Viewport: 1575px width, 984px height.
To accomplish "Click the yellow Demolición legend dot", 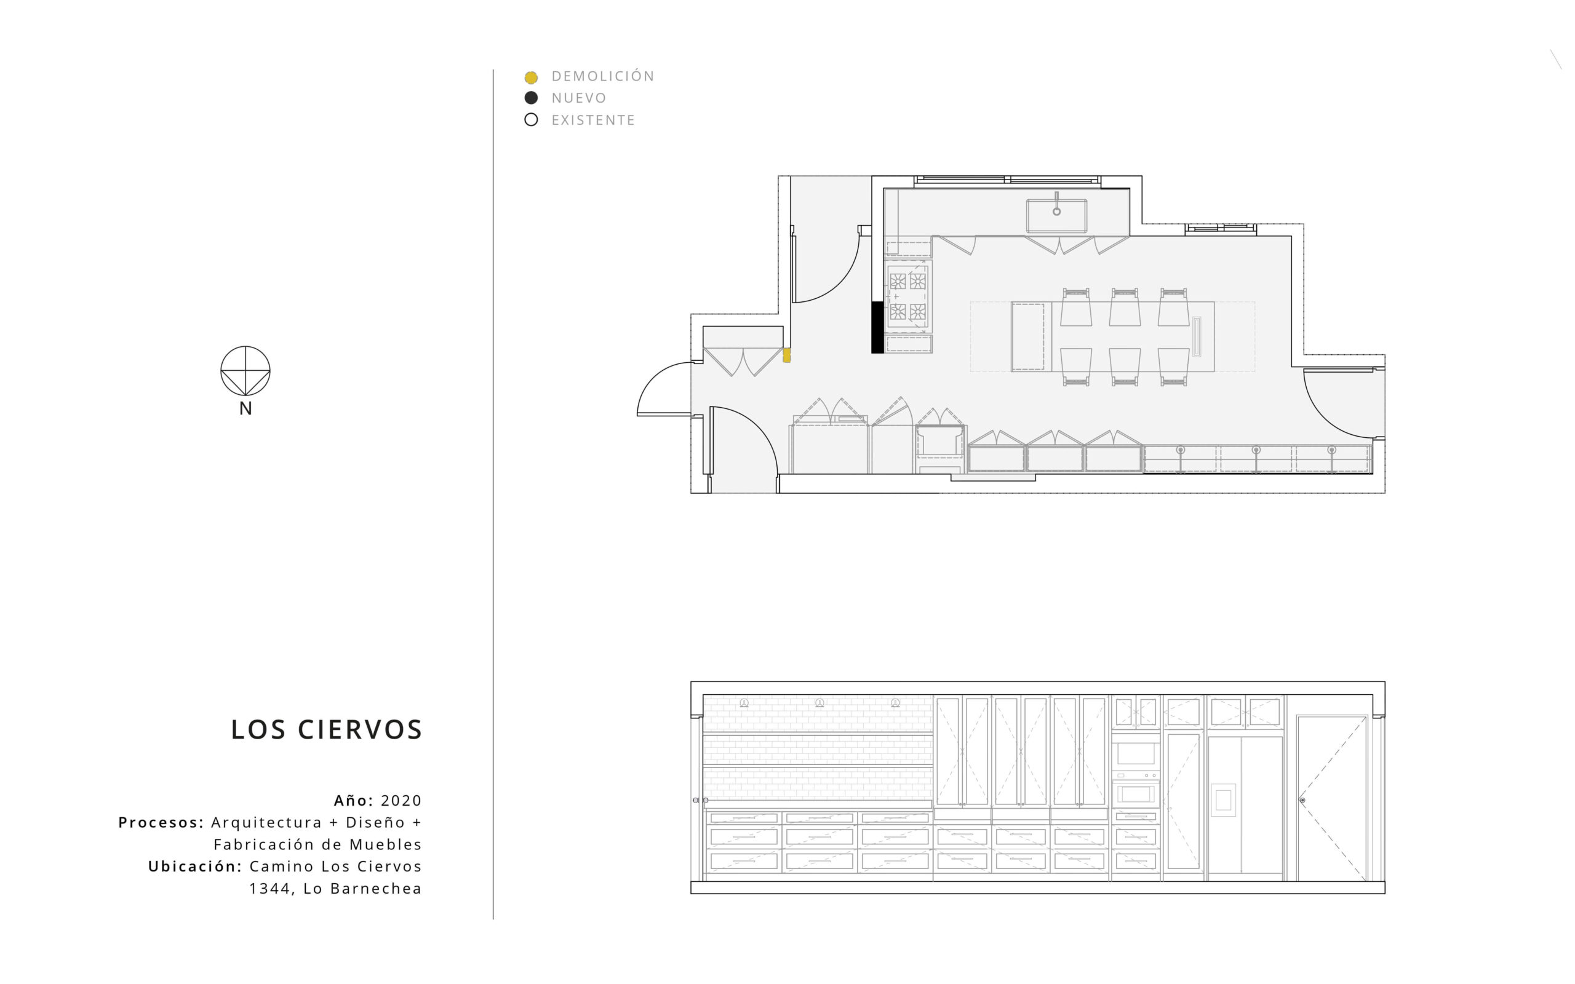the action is click(x=531, y=77).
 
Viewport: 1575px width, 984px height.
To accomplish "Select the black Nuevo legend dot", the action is click(x=531, y=98).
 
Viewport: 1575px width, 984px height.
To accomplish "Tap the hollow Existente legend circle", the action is click(x=531, y=120).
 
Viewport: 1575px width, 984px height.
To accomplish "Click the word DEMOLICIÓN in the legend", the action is click(x=603, y=76).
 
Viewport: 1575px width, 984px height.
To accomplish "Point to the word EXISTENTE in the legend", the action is click(x=593, y=121).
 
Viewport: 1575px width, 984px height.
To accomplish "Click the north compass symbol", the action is click(x=245, y=371).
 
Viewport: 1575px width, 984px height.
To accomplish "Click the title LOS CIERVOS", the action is click(x=327, y=730).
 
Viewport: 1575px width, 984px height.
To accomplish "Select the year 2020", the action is click(x=402, y=801).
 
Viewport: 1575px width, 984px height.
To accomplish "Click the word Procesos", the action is click(x=161, y=823).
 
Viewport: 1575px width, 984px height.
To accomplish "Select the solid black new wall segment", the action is click(x=877, y=327).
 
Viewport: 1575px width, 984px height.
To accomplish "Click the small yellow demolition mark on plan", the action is click(x=787, y=355).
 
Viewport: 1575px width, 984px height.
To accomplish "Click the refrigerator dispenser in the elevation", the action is click(x=1223, y=800).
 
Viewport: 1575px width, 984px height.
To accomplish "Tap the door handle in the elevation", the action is click(x=1302, y=800).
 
